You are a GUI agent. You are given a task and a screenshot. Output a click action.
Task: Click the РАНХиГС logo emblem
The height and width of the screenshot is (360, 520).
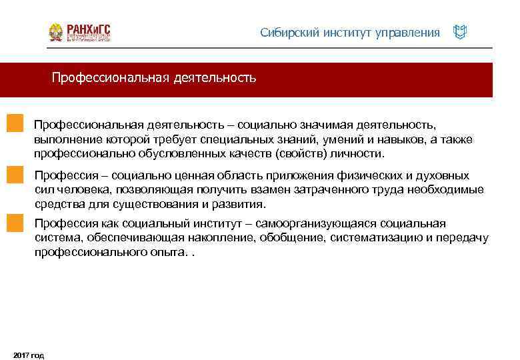click(56, 33)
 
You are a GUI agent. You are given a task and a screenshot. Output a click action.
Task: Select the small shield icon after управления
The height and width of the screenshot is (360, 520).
click(459, 32)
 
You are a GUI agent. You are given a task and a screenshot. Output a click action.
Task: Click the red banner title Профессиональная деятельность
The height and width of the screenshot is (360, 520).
click(154, 79)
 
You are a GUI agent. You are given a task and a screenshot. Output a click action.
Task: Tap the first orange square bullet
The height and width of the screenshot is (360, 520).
click(15, 125)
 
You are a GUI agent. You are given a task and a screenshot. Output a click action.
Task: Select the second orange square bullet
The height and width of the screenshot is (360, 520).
click(15, 175)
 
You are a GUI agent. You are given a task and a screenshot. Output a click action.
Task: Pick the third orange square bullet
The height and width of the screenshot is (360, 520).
click(15, 223)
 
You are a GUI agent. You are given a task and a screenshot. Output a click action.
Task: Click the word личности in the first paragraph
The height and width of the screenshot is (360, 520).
click(361, 153)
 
